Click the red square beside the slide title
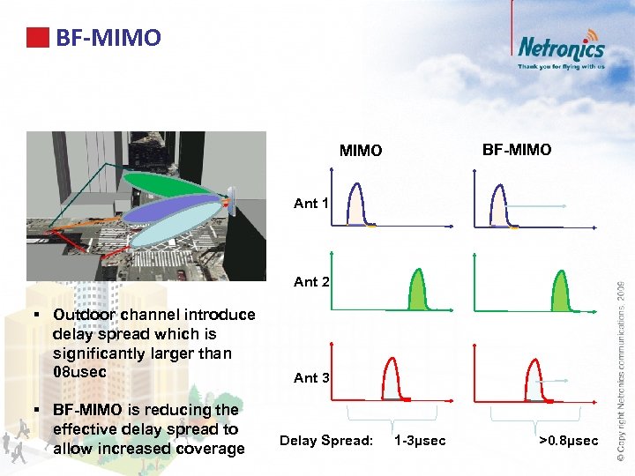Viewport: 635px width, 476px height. [x=37, y=38]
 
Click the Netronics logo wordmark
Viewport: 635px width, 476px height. [x=561, y=48]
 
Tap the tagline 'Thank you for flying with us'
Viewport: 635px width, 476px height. [x=561, y=66]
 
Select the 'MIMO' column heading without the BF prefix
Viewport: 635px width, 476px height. [x=361, y=151]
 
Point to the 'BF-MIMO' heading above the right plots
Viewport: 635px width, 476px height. [x=517, y=150]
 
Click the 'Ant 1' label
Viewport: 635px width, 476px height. [x=311, y=204]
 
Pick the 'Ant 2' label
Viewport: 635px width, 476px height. [x=311, y=282]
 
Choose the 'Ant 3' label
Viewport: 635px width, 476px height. [x=311, y=377]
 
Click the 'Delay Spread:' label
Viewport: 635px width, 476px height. [x=326, y=440]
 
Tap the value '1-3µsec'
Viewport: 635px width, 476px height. [x=420, y=440]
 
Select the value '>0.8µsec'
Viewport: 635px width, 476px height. [x=568, y=440]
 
